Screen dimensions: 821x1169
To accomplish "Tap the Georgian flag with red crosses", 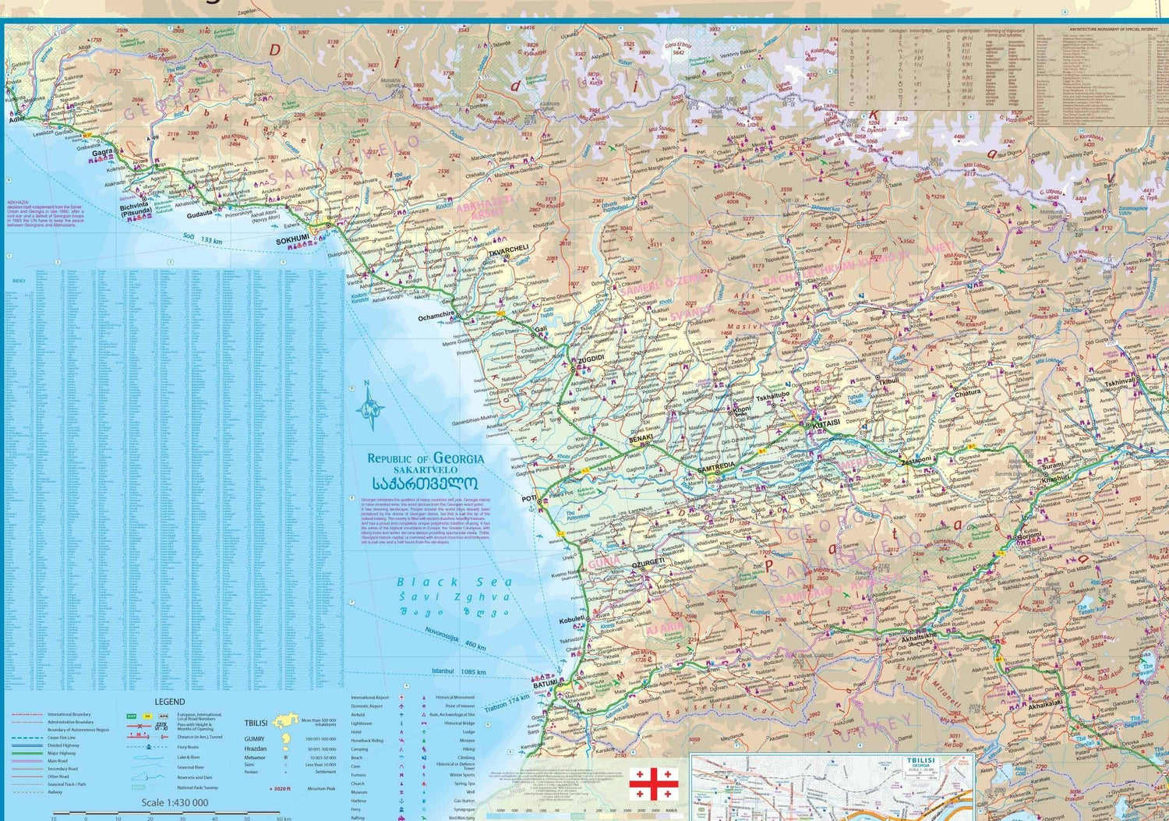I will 653,784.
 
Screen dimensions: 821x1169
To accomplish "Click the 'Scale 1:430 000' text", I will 175,802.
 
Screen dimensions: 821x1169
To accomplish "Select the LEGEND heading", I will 169,702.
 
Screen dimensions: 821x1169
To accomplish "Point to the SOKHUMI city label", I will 292,240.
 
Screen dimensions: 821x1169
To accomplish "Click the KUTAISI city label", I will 826,423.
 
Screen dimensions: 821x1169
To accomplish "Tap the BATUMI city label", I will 546,683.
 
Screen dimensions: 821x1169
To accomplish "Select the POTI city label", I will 529,498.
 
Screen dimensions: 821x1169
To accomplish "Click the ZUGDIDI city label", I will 590,358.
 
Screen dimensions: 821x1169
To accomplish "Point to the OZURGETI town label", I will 648,561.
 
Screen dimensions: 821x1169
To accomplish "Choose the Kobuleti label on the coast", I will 571,621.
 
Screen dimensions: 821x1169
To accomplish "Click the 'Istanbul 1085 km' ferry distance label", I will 458,671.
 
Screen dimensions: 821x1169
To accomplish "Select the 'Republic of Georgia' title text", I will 425,458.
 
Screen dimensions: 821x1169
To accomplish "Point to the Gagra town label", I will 102,153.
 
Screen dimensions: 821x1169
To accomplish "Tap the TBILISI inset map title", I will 920,759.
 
